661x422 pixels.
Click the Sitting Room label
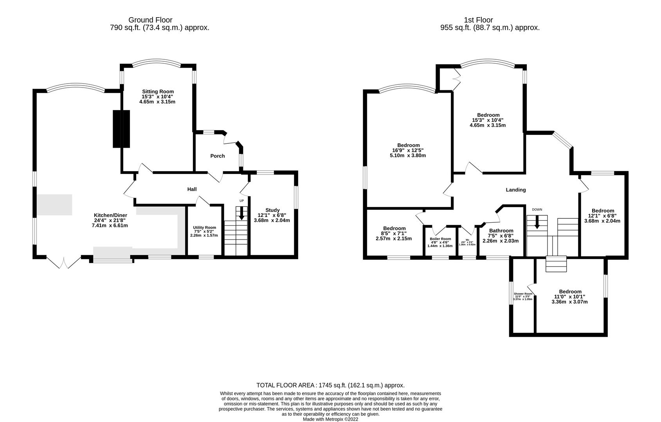[158, 91]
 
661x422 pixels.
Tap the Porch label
[218, 156]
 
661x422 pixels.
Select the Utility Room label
[204, 227]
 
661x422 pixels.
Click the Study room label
[272, 210]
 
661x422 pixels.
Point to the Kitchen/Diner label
[110, 215]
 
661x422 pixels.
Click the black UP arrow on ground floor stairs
[241, 213]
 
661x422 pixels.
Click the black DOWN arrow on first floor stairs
[537, 222]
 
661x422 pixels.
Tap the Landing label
[516, 190]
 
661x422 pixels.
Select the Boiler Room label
[440, 239]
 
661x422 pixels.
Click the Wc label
[467, 240]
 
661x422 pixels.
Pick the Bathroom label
[501, 231]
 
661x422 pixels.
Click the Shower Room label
[523, 294]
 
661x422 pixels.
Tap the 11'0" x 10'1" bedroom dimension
[570, 297]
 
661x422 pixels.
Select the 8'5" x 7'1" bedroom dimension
[394, 233]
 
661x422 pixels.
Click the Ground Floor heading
[150, 20]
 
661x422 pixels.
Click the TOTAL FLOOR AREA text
[330, 385]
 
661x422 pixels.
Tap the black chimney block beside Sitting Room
[121, 129]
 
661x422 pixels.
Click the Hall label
[192, 189]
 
